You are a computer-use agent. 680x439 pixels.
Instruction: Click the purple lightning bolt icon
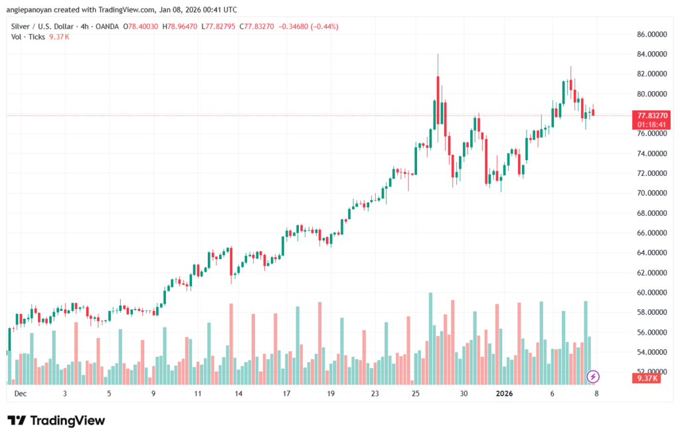tap(593, 377)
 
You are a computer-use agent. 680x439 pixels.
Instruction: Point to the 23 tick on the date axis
tap(375, 393)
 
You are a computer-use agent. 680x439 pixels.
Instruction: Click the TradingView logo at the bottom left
tap(56, 420)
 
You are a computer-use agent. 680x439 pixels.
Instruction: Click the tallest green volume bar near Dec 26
tap(430, 337)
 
